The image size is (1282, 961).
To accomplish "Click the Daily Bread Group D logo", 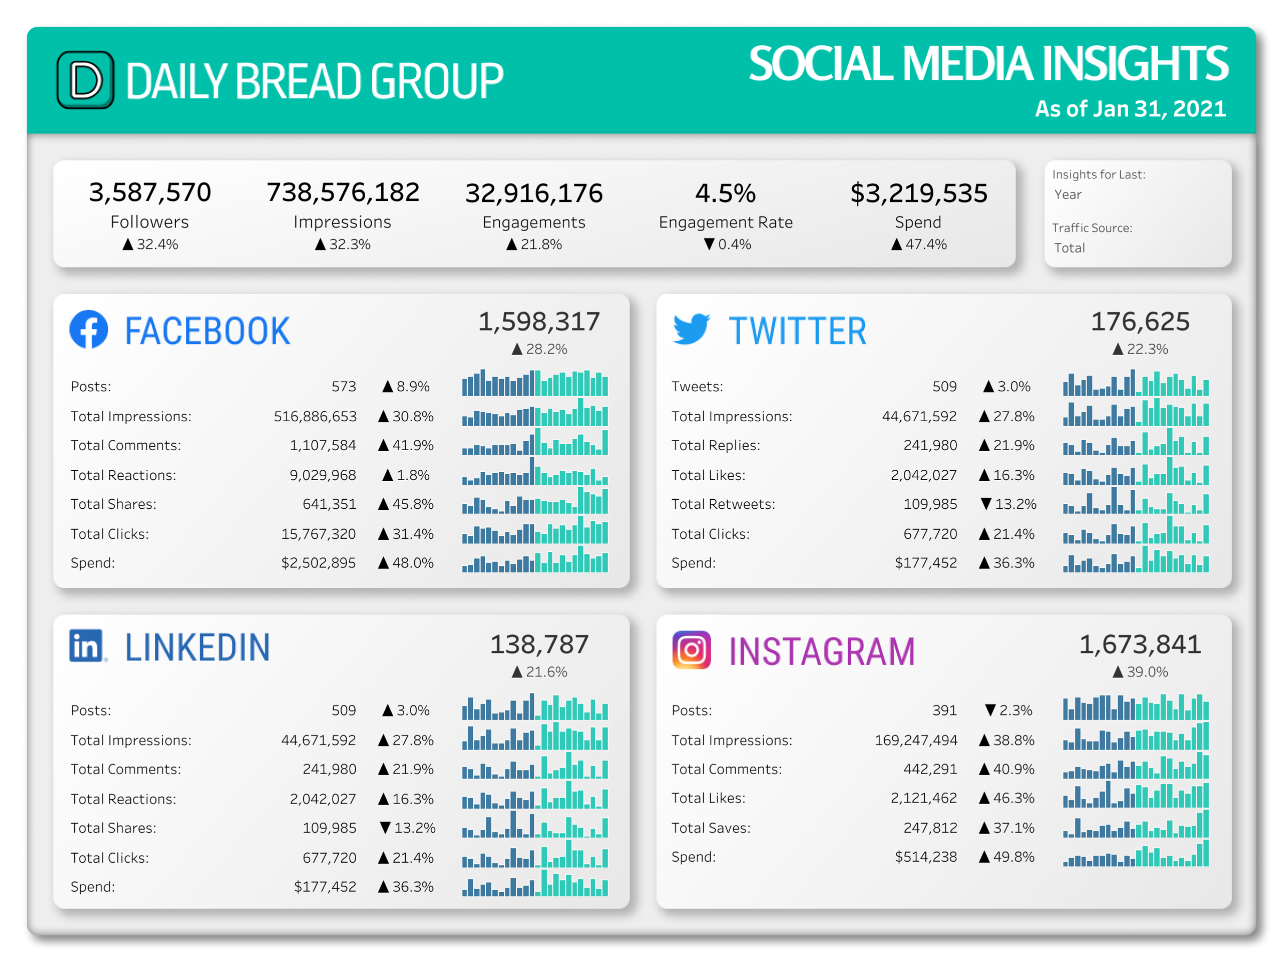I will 85,80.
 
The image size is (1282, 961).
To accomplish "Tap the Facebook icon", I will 89,329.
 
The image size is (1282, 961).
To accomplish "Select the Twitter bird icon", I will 691,329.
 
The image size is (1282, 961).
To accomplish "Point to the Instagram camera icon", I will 691,650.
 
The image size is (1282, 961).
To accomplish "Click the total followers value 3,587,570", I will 150,192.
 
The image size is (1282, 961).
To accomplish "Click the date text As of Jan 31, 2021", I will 1130,109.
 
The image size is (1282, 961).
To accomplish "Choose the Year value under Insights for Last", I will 1067,195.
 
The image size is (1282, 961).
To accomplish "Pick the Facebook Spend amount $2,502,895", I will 318,563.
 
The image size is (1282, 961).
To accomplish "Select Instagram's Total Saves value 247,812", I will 930,828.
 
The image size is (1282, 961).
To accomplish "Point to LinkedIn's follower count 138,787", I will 539,644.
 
